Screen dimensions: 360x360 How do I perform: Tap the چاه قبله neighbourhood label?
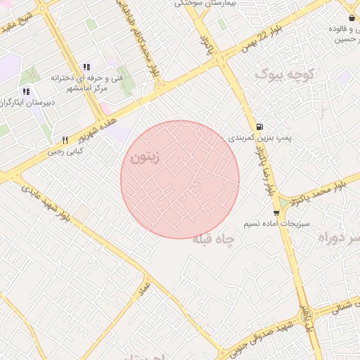coord(217,239)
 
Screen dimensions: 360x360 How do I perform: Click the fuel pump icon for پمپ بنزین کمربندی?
coord(261,127)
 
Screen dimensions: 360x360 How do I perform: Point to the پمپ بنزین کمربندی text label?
coord(259,139)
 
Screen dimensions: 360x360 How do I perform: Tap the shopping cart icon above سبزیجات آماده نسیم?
coord(275,212)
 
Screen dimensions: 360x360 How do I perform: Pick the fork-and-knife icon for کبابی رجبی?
coord(65,140)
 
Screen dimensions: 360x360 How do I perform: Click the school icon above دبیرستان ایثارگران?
coord(26,91)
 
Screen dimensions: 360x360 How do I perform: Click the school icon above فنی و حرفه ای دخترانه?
coord(86,66)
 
